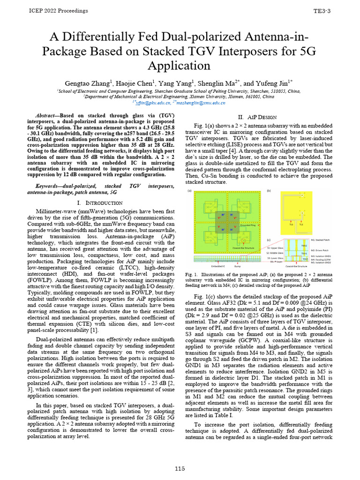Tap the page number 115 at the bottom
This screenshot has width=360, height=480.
180,468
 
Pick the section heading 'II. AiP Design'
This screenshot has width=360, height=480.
258,117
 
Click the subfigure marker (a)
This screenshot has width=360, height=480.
190,190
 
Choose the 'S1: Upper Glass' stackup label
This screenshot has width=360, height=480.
275,247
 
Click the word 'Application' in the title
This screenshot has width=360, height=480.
180,65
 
